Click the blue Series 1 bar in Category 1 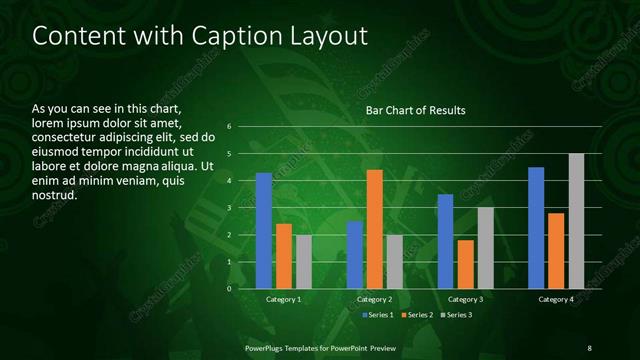[x=263, y=231]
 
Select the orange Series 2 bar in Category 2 [x=374, y=229]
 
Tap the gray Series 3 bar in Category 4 [x=576, y=221]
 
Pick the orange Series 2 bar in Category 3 [x=465, y=264]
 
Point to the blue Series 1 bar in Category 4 [x=536, y=228]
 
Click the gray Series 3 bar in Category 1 [x=303, y=262]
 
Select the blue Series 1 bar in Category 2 [x=355, y=255]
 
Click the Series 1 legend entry [x=376, y=315]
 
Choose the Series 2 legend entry [x=417, y=315]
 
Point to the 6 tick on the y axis [x=229, y=127]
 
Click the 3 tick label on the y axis [x=229, y=208]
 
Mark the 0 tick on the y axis [x=229, y=289]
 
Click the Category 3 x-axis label [x=465, y=299]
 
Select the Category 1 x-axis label [x=283, y=299]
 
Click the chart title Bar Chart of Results [x=415, y=110]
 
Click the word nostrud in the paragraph [x=55, y=195]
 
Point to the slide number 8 [x=589, y=347]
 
